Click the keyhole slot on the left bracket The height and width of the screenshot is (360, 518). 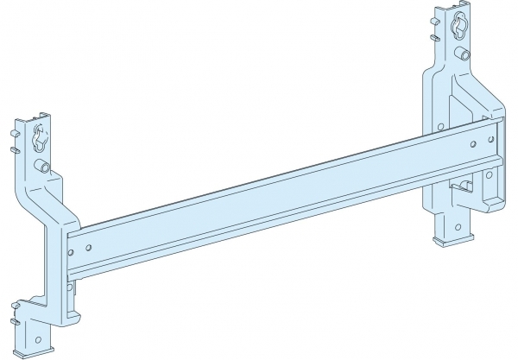pyautogui.click(x=38, y=139)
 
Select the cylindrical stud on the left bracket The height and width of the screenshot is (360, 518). pyautogui.click(x=41, y=166)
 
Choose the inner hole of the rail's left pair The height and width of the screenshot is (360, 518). pyautogui.click(x=91, y=247)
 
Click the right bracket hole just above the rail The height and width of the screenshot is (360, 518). pyautogui.click(x=440, y=127)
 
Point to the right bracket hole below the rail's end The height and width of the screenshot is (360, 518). pyautogui.click(x=490, y=175)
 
